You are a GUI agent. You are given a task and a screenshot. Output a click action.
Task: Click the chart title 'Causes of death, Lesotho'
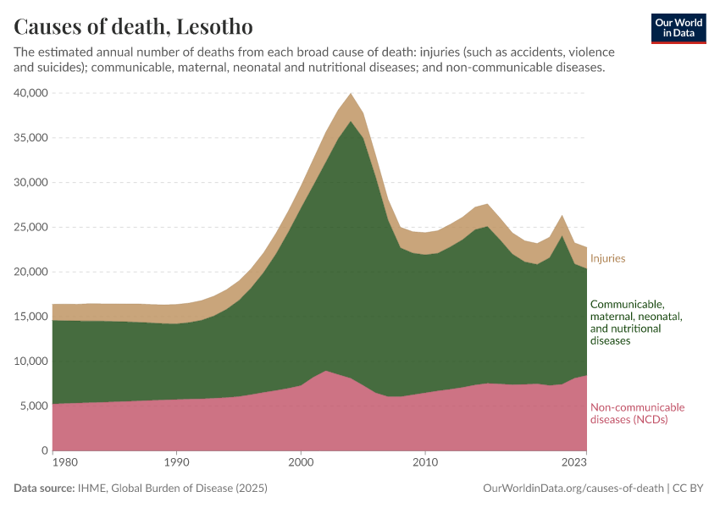[133, 26]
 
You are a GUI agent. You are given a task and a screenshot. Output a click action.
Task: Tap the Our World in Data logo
[678, 28]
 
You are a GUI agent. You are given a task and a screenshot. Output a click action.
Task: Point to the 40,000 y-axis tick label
[32, 93]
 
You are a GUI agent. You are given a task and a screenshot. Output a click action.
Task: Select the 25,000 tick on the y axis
[32, 227]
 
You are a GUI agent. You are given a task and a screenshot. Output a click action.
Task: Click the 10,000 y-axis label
[32, 362]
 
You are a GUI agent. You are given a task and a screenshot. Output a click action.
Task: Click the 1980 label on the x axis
[53, 462]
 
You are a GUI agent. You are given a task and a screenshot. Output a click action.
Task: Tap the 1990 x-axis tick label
[176, 462]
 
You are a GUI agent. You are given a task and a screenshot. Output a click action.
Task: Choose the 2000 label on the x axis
[301, 462]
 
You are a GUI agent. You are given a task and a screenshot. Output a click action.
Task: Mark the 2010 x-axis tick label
[425, 462]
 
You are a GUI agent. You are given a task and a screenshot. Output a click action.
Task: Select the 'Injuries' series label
[607, 258]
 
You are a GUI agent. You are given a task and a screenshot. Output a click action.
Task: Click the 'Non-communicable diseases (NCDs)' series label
[637, 413]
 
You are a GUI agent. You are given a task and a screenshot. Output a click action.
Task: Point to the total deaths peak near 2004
[351, 93]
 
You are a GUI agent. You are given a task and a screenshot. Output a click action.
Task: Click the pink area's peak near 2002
[326, 371]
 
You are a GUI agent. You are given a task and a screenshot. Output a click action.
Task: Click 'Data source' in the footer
[44, 489]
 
